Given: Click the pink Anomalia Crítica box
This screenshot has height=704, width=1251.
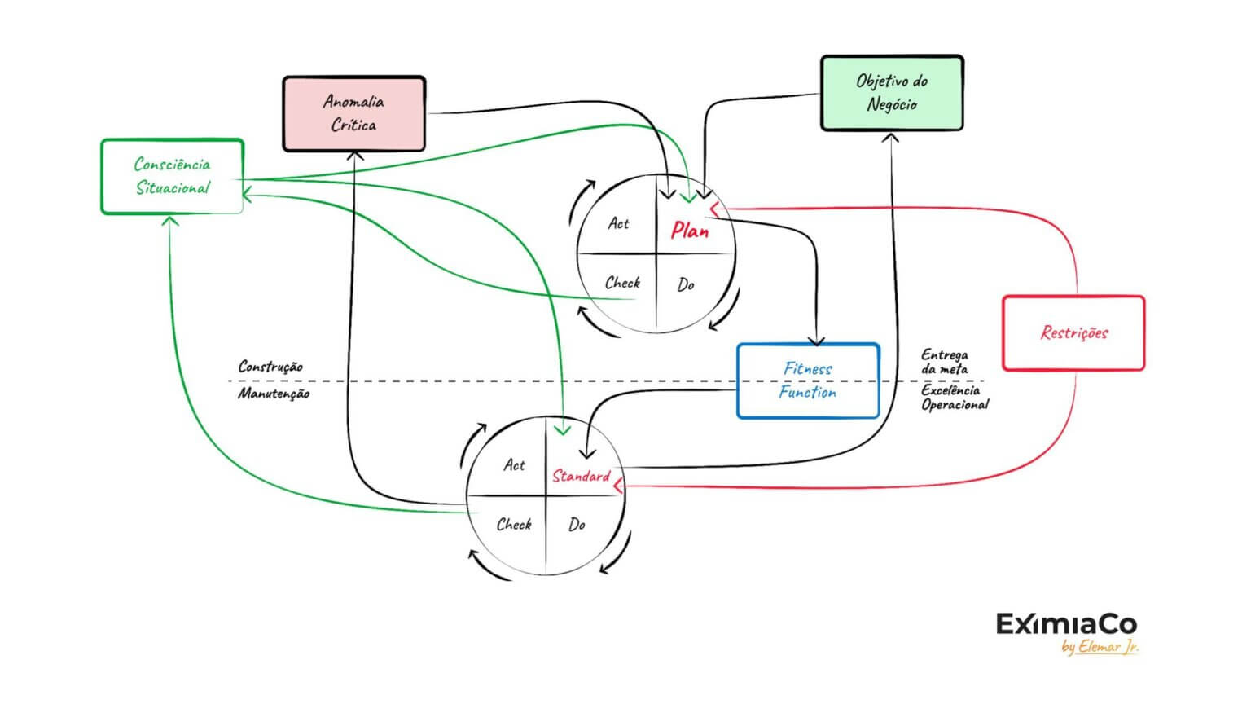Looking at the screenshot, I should (x=353, y=114).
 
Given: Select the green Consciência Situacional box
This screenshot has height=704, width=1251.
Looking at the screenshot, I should (x=172, y=177).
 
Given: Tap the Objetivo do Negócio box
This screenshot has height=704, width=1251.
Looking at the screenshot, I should (x=892, y=93).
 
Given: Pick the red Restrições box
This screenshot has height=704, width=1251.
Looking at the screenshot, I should (x=1073, y=332).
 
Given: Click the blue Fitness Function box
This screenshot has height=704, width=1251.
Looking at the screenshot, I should (x=808, y=381).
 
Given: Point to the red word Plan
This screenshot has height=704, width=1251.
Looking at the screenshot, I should (x=690, y=231).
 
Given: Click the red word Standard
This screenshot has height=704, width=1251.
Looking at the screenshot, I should (x=581, y=476).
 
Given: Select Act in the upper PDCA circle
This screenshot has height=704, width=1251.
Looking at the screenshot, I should (x=618, y=223).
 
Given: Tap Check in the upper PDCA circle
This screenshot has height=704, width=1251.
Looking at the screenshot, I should (x=622, y=283).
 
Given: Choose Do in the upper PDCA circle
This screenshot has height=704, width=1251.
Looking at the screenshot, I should (x=686, y=284).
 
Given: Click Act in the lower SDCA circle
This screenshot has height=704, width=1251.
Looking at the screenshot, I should (x=514, y=464).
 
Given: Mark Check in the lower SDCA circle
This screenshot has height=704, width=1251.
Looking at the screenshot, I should (x=514, y=524).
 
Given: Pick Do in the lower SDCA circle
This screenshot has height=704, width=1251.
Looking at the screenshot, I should (x=577, y=525).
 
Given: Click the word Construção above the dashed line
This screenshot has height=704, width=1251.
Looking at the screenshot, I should (x=270, y=367).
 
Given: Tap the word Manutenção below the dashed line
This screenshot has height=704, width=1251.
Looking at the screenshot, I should (x=274, y=394).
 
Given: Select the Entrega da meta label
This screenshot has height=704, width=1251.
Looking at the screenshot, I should (x=945, y=362).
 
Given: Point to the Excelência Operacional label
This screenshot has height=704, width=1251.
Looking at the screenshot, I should (x=955, y=397).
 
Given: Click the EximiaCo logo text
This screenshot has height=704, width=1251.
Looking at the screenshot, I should (x=1066, y=625).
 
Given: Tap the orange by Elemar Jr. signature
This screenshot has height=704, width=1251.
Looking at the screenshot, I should (x=1100, y=648).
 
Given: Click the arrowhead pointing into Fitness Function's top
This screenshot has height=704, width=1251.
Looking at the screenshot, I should (x=817, y=341).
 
